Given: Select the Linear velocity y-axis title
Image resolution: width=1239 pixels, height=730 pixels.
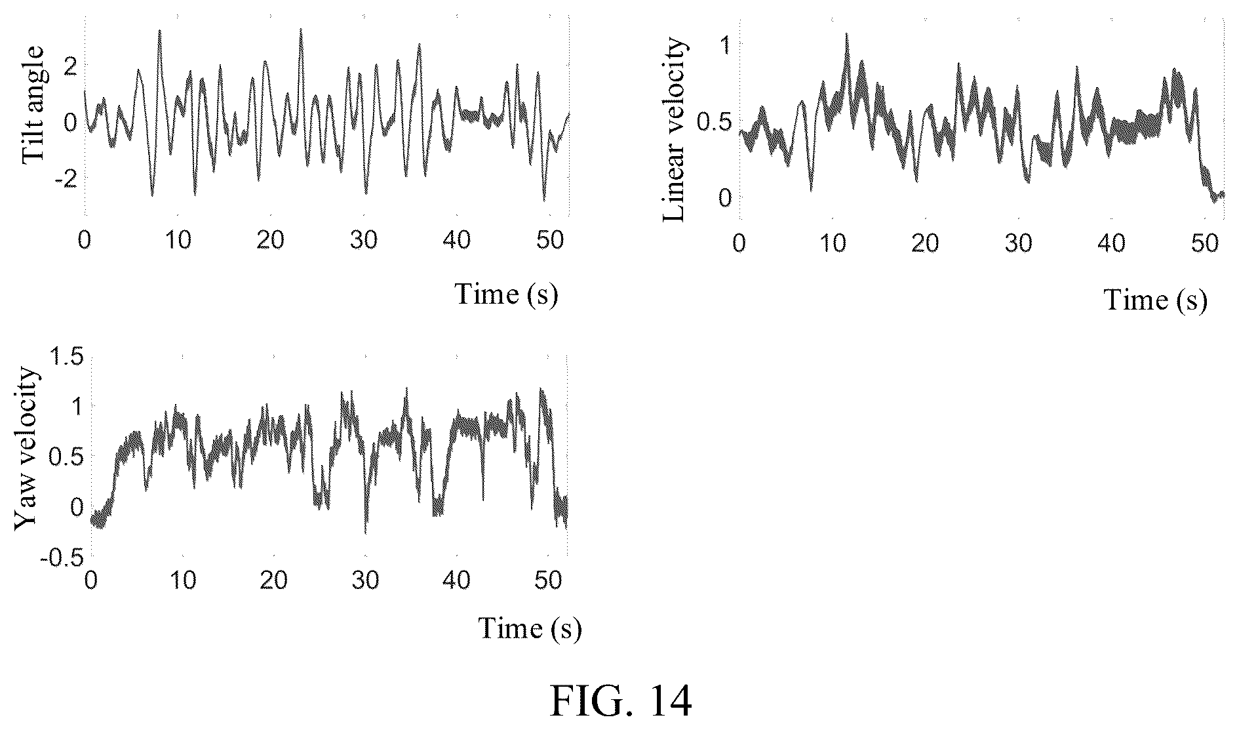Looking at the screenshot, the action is (675, 129).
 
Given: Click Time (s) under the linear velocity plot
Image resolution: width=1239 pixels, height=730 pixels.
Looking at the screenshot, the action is (1156, 300).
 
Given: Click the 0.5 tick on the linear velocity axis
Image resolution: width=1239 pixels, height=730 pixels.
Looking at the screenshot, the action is (713, 122).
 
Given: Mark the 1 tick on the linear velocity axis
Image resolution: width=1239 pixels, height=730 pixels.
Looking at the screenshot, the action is (724, 46).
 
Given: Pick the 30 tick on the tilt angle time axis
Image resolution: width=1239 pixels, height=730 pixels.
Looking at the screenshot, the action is (363, 241).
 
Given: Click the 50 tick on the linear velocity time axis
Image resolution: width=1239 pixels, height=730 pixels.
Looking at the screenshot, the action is (1205, 243).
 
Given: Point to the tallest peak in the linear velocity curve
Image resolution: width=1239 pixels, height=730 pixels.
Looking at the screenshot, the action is (846, 33).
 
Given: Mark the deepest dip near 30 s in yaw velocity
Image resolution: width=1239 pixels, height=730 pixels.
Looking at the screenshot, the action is (365, 533).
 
